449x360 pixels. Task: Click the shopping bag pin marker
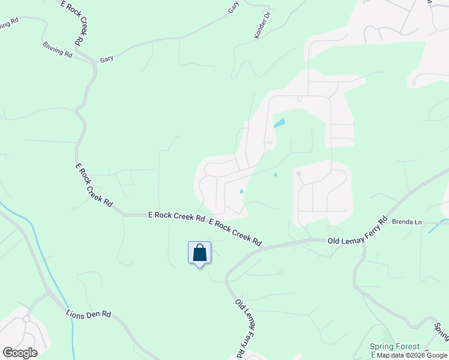click(200, 253)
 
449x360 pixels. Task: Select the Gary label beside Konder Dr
click(234, 7)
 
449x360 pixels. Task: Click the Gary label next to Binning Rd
click(107, 59)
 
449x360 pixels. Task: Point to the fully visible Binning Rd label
click(58, 49)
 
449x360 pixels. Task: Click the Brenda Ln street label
click(407, 222)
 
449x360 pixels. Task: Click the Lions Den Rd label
click(89, 313)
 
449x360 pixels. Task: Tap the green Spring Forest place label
click(394, 347)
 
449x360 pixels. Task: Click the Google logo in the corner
click(20, 353)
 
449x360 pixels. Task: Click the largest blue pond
click(279, 124)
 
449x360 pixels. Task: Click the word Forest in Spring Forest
click(408, 347)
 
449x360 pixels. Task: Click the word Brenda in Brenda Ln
click(403, 222)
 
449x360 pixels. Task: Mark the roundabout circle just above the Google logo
click(26, 319)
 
